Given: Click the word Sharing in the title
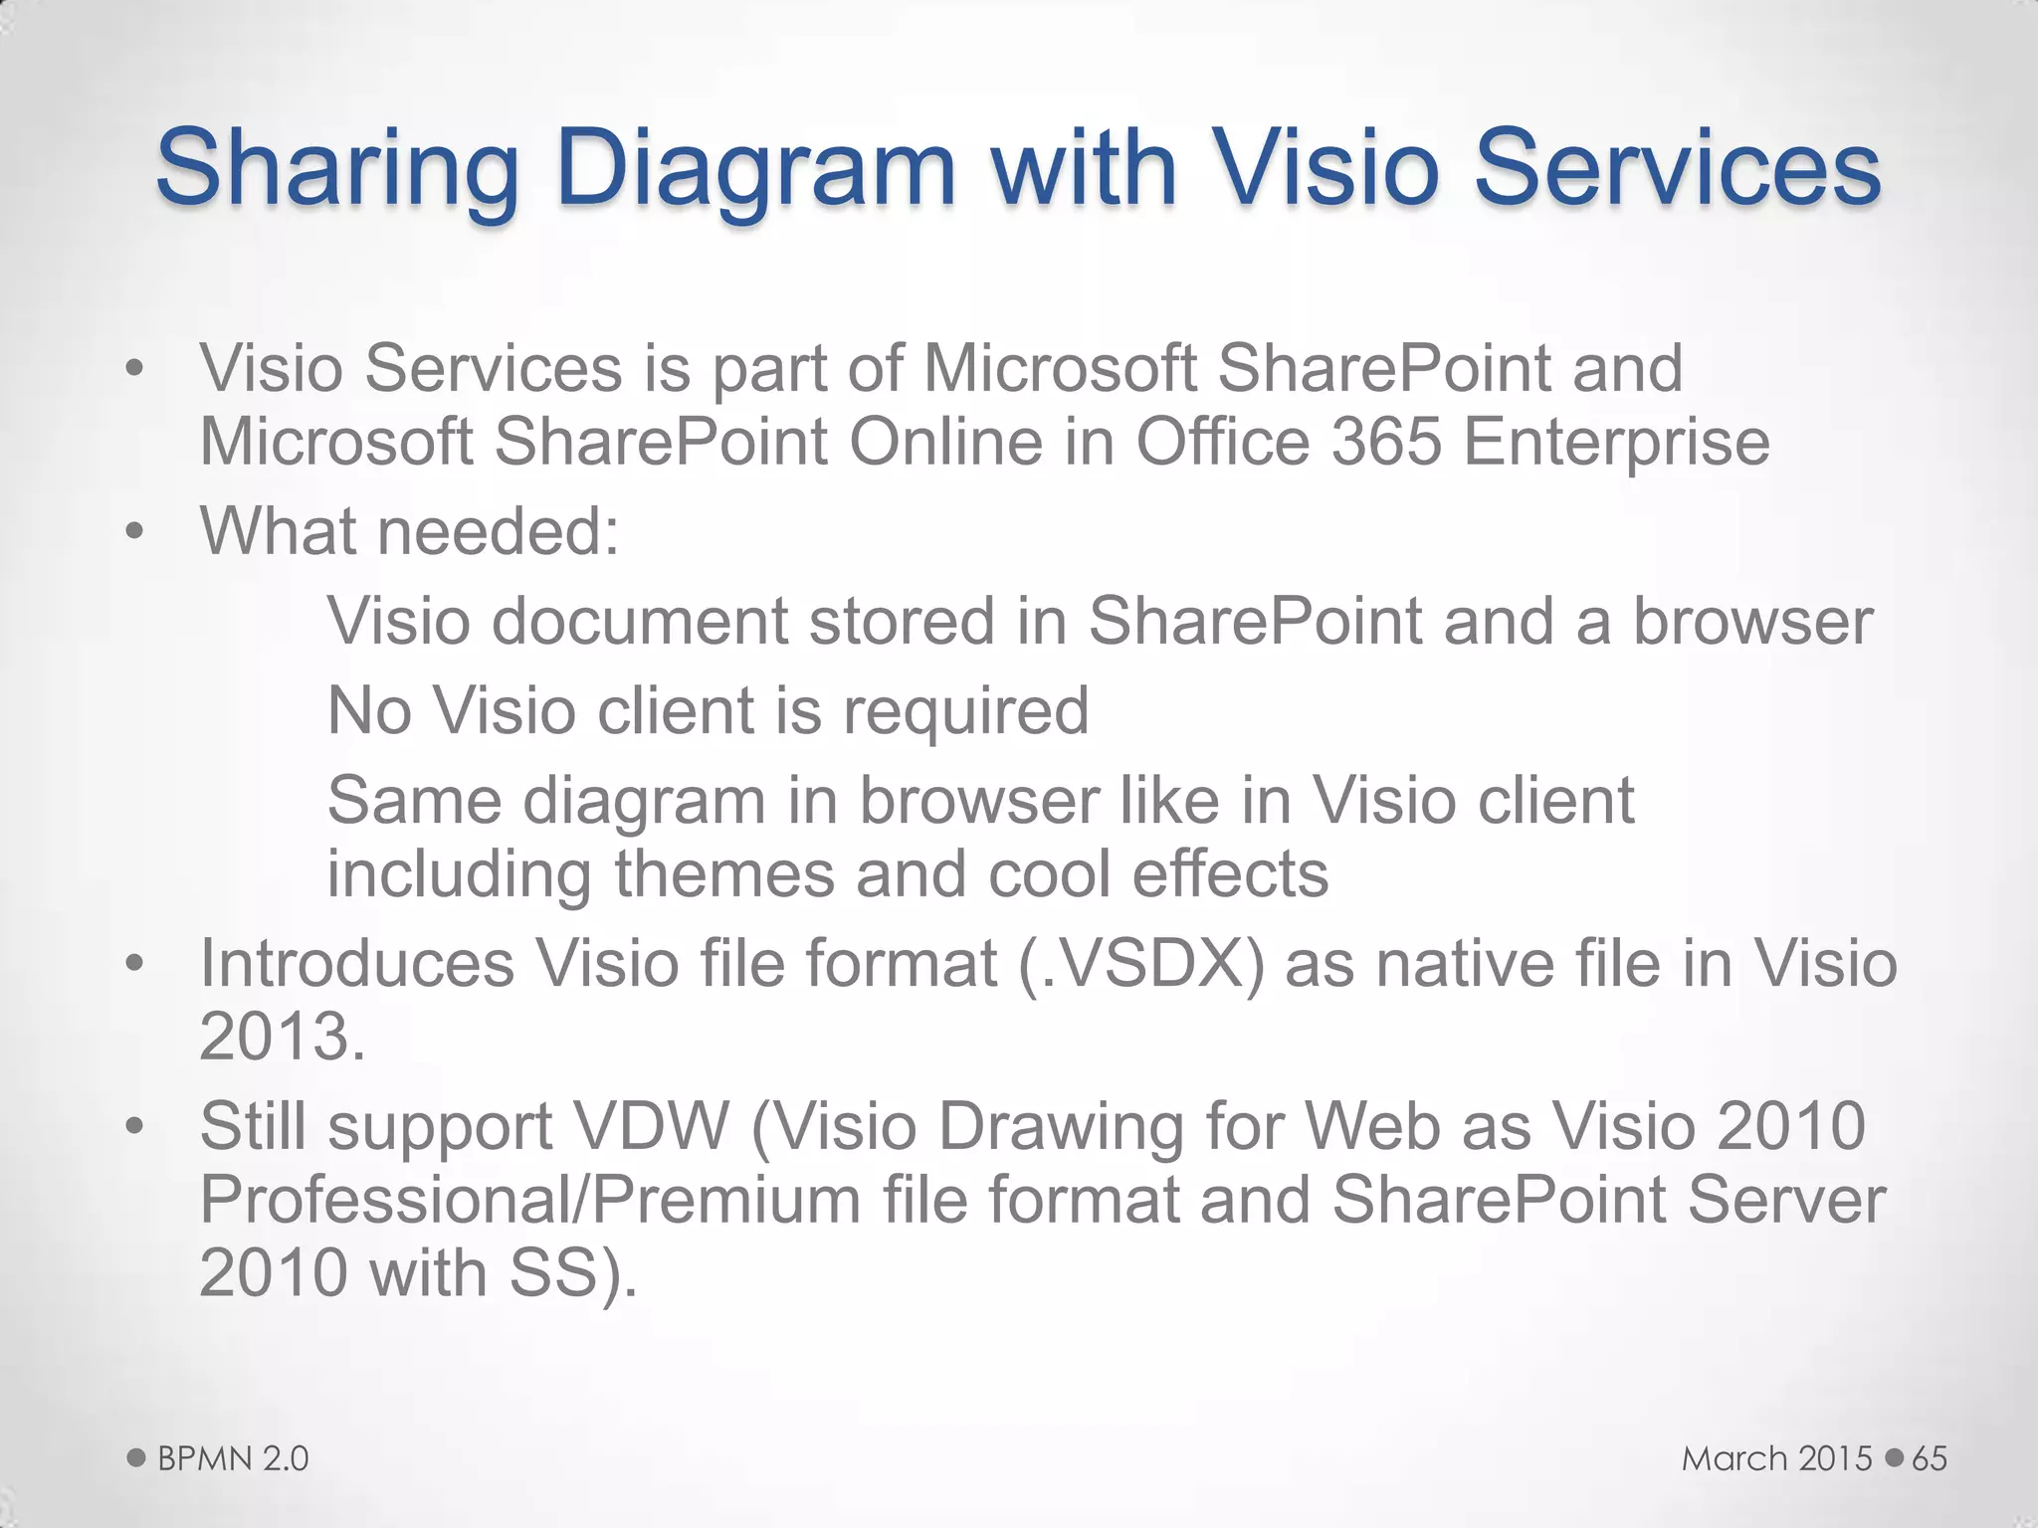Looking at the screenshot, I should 337,169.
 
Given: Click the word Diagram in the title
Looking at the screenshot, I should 756,169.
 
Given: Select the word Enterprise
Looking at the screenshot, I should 1616,443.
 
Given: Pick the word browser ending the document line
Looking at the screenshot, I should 1752,621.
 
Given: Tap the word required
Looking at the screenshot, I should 965,712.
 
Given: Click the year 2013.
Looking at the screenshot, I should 282,1037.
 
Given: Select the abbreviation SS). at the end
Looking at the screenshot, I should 572,1272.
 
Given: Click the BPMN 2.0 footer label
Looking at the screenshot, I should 233,1458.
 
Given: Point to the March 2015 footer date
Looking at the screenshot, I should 1776,1458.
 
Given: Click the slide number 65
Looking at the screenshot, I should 1930,1458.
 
